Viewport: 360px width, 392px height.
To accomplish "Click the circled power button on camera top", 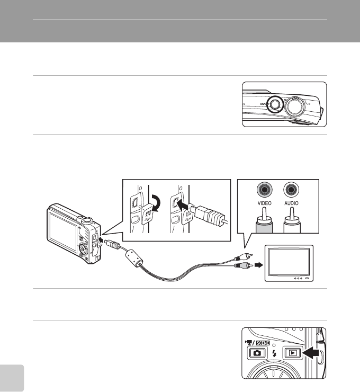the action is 274,104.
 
